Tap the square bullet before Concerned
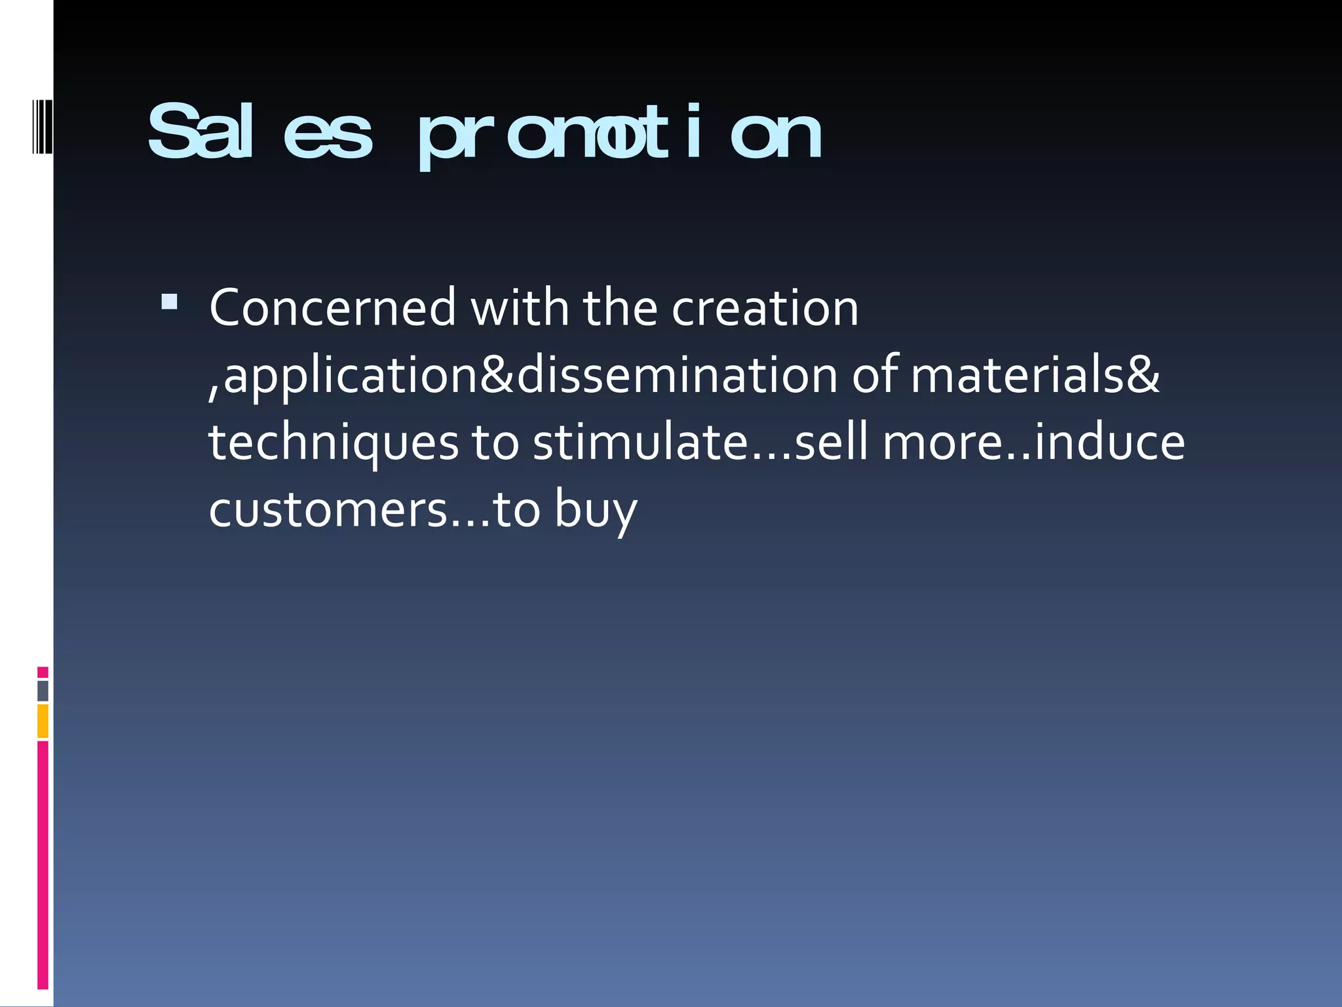coord(169,302)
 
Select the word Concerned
coord(332,307)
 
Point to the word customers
coord(328,510)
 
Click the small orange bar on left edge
coord(43,721)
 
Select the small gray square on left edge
coord(43,690)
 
